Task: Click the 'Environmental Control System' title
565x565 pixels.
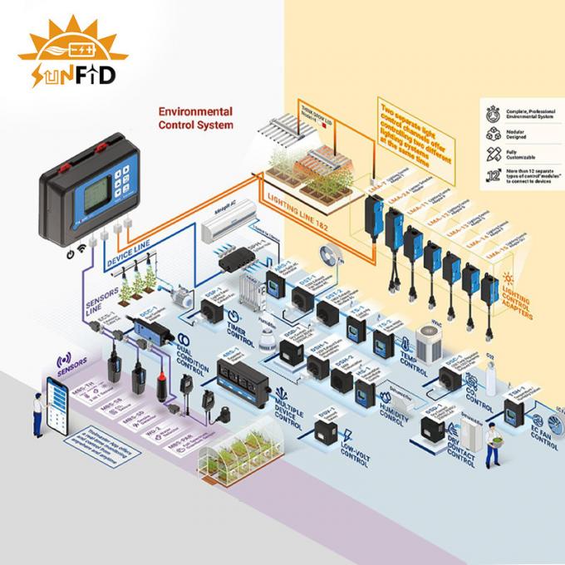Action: pyautogui.click(x=195, y=118)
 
